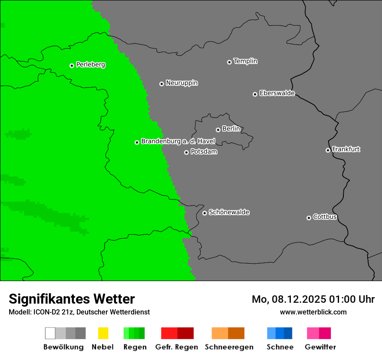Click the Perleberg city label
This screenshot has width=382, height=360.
pos(90,65)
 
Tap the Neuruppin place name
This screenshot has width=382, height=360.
pos(181,83)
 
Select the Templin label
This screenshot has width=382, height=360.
pos(245,61)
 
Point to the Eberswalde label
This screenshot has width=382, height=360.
pos(277,93)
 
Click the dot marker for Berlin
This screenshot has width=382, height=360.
pos(218,130)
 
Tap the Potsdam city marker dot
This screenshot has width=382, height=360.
pos(186,152)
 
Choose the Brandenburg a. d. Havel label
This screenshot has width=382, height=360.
pos(178,141)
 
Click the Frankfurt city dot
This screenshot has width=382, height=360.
pos(328,150)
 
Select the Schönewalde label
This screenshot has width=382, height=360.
pos(229,212)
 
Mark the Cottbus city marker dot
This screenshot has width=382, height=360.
pos(309,218)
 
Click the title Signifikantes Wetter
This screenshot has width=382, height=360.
pos(72,299)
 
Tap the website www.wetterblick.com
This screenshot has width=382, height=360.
pos(313,312)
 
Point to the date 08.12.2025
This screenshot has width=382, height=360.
pos(299,299)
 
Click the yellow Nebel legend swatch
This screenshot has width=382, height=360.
pos(103,333)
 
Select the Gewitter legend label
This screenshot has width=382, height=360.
pos(320,347)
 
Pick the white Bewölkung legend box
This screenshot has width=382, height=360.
pos(50,333)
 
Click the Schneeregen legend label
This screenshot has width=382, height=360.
pos(229,347)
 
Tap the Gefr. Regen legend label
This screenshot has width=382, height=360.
pos(176,347)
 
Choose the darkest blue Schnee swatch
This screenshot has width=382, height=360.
pos(288,333)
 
